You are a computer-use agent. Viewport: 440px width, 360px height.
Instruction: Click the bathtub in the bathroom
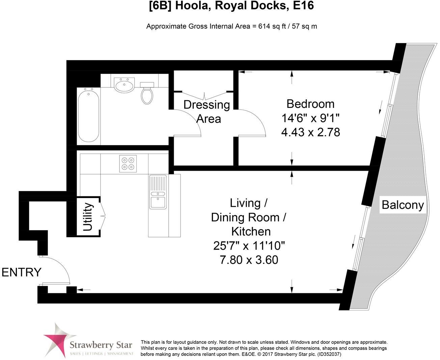pyautogui.click(x=88, y=115)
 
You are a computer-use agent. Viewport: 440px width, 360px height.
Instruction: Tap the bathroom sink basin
pyautogui.click(x=124, y=85)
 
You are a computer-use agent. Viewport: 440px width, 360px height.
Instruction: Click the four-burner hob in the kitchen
pyautogui.click(x=128, y=163)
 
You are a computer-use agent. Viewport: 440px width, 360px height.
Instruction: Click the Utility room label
pyautogui.click(x=87, y=217)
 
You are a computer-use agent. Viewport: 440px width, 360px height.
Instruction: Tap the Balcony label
pyautogui.click(x=403, y=204)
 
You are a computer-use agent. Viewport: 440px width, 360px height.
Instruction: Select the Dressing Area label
pyautogui.click(x=207, y=112)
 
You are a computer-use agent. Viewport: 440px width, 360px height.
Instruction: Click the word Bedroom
pyautogui.click(x=310, y=104)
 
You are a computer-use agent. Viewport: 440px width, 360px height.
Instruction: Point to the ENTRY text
pyautogui.click(x=22, y=272)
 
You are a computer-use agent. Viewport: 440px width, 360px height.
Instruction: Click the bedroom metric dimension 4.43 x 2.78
pyautogui.click(x=310, y=132)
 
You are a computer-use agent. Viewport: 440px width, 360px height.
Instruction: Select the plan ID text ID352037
pyautogui.click(x=328, y=354)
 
